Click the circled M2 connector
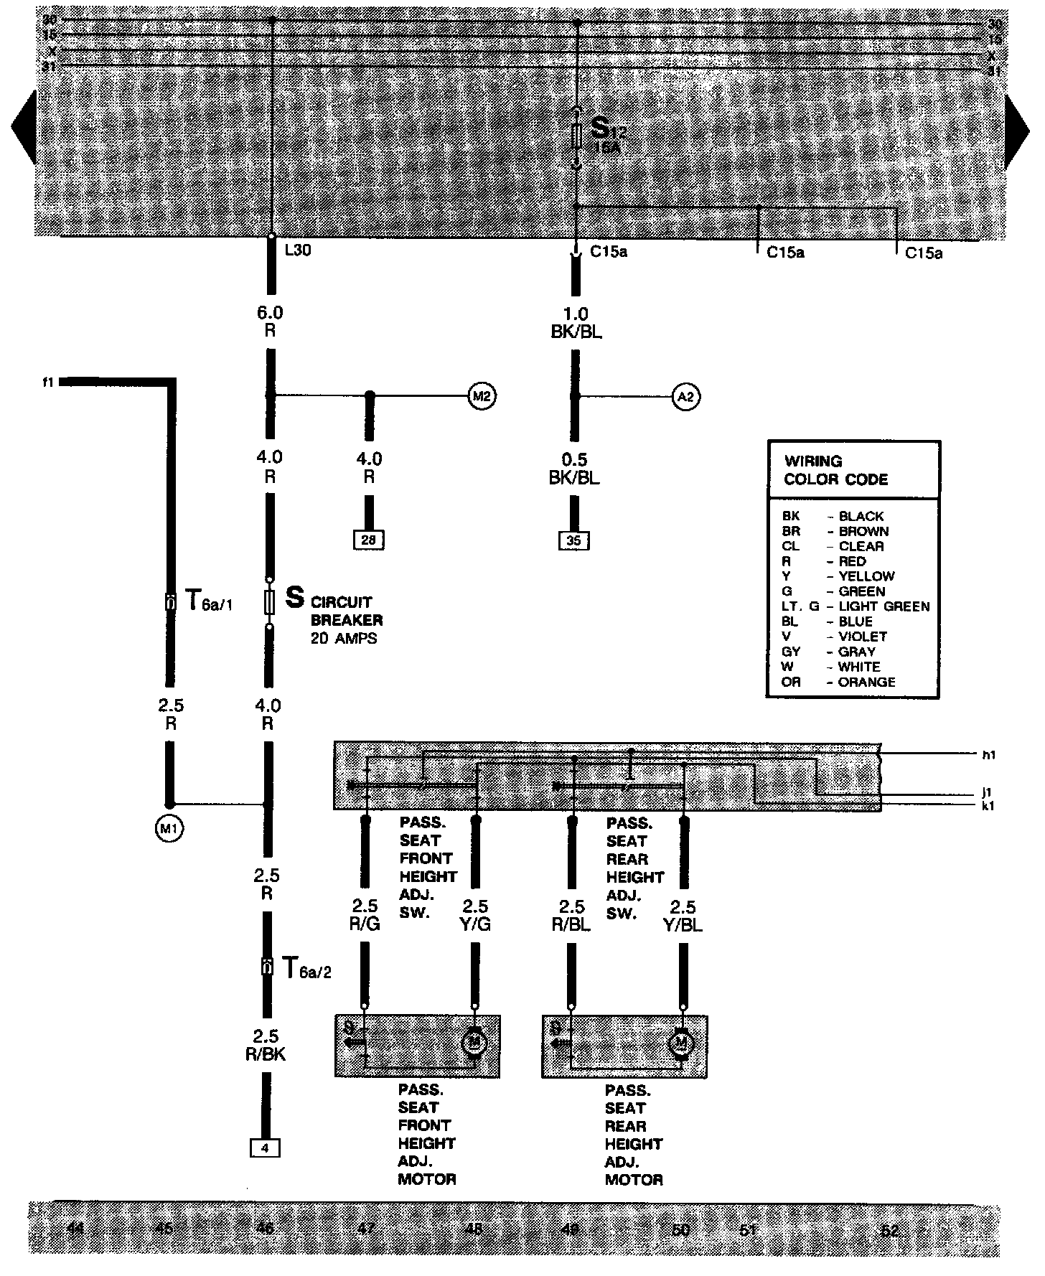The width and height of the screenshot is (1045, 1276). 482,396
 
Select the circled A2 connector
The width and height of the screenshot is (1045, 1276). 686,396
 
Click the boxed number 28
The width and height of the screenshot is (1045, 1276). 368,540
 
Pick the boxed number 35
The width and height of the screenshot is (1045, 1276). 573,540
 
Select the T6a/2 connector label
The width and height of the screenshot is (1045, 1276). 306,969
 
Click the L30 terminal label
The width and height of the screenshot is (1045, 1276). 298,251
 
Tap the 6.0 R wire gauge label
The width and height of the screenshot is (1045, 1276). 270,322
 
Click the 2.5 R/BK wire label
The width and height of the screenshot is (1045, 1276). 266,1046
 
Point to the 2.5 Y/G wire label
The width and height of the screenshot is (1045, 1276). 475,916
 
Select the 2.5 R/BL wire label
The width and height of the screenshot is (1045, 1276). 571,916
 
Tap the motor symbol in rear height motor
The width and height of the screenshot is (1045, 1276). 680,1042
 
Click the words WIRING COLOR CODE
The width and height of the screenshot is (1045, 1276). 835,470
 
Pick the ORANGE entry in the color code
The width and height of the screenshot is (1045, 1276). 866,682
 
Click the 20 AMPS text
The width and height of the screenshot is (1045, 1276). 343,638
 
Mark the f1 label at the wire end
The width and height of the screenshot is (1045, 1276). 48,383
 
